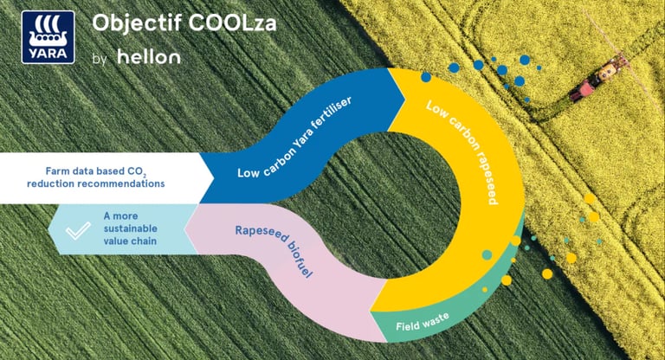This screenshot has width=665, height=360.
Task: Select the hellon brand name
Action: point(149,57)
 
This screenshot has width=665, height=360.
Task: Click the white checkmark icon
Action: point(79,229)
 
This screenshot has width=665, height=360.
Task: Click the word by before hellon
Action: point(98,59)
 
